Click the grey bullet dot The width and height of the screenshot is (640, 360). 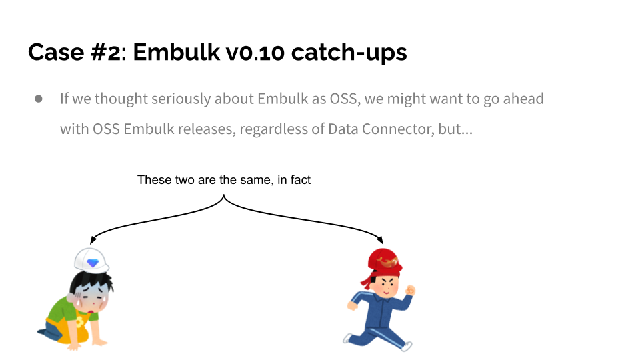[x=39, y=99]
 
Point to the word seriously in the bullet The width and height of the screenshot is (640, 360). [x=181, y=99]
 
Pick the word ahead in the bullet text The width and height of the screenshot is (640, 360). [x=523, y=99]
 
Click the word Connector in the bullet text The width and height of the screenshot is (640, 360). [x=398, y=129]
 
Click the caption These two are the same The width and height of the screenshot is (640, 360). [x=223, y=180]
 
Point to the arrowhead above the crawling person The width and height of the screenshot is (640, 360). [x=93, y=239]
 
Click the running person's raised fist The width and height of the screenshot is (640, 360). [x=411, y=291]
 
